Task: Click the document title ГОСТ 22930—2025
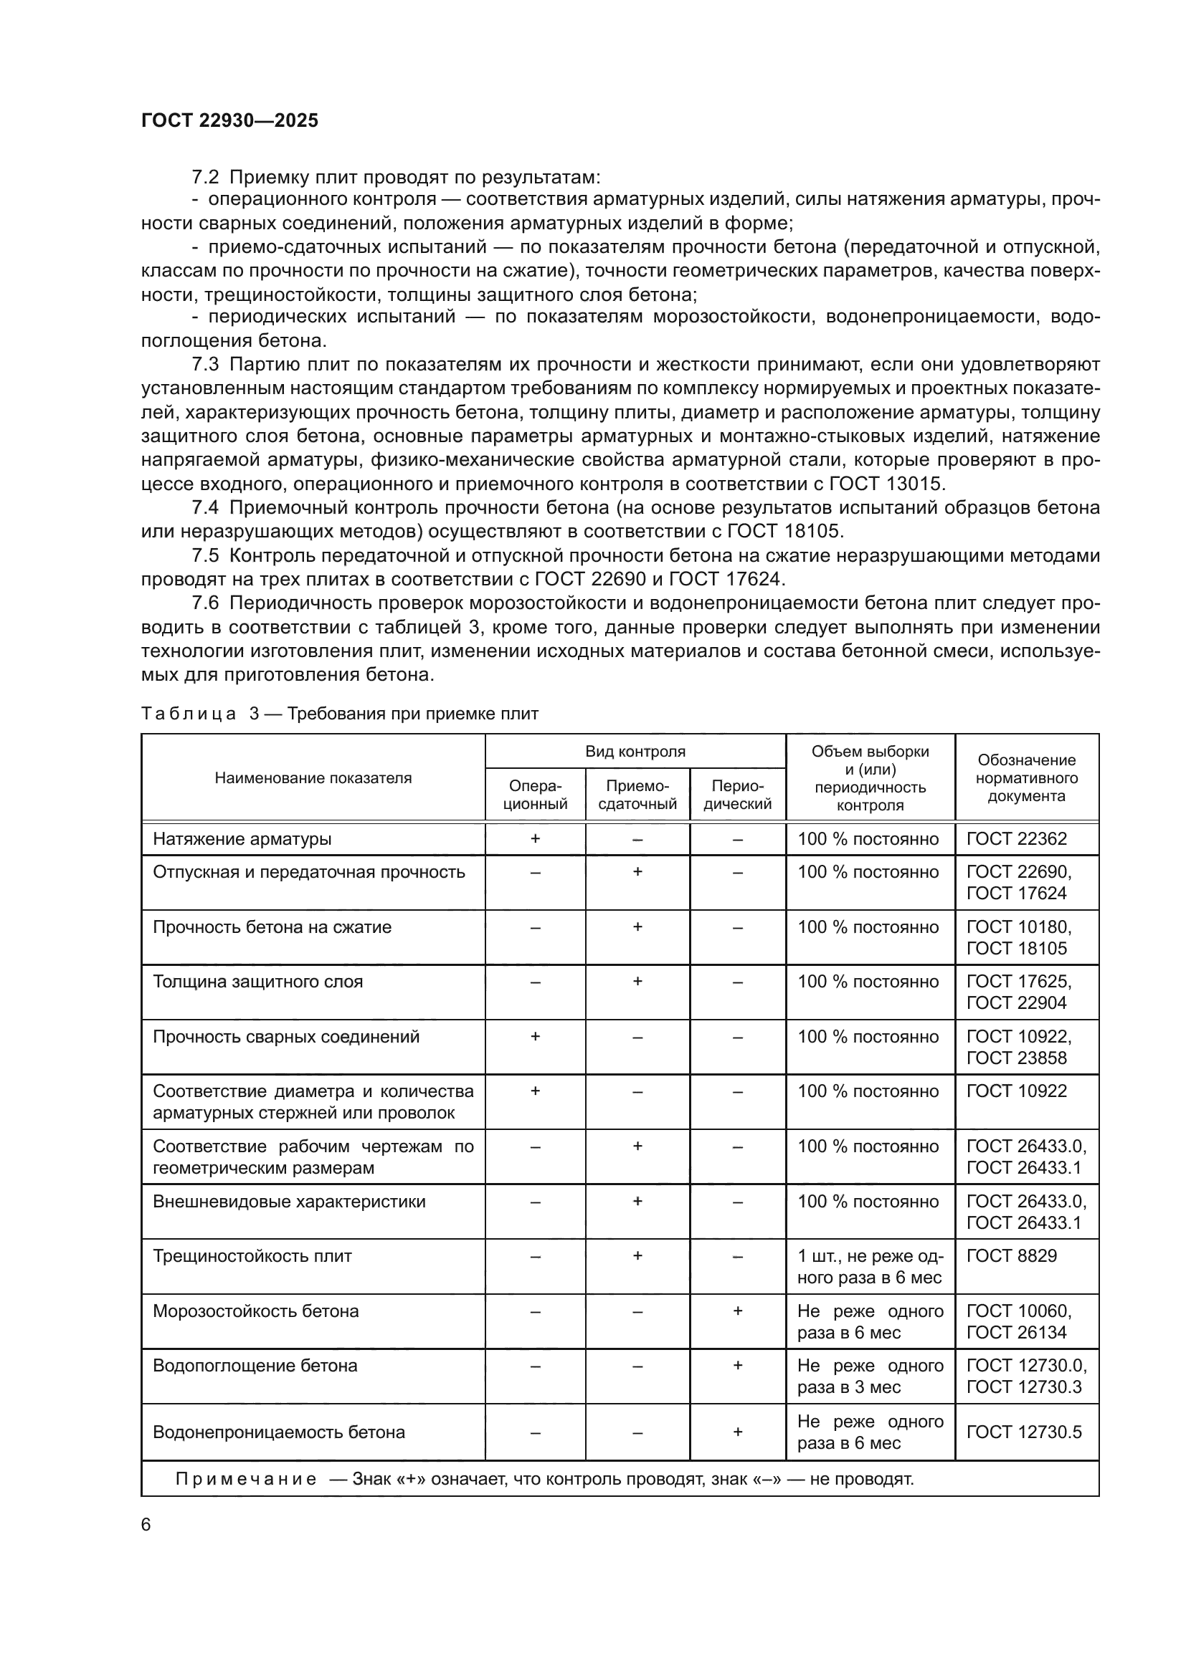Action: (229, 121)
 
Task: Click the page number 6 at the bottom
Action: (146, 1524)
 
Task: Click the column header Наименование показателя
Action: (313, 778)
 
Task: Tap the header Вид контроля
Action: (635, 752)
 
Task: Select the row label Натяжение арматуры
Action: (242, 840)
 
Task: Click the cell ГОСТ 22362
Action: (1017, 840)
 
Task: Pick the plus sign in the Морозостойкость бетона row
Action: (738, 1311)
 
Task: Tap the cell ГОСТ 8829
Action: (1012, 1256)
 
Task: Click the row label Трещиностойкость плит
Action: (252, 1256)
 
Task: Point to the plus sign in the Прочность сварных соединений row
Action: (535, 1037)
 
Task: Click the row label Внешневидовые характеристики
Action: (288, 1202)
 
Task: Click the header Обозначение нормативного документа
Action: (1026, 778)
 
